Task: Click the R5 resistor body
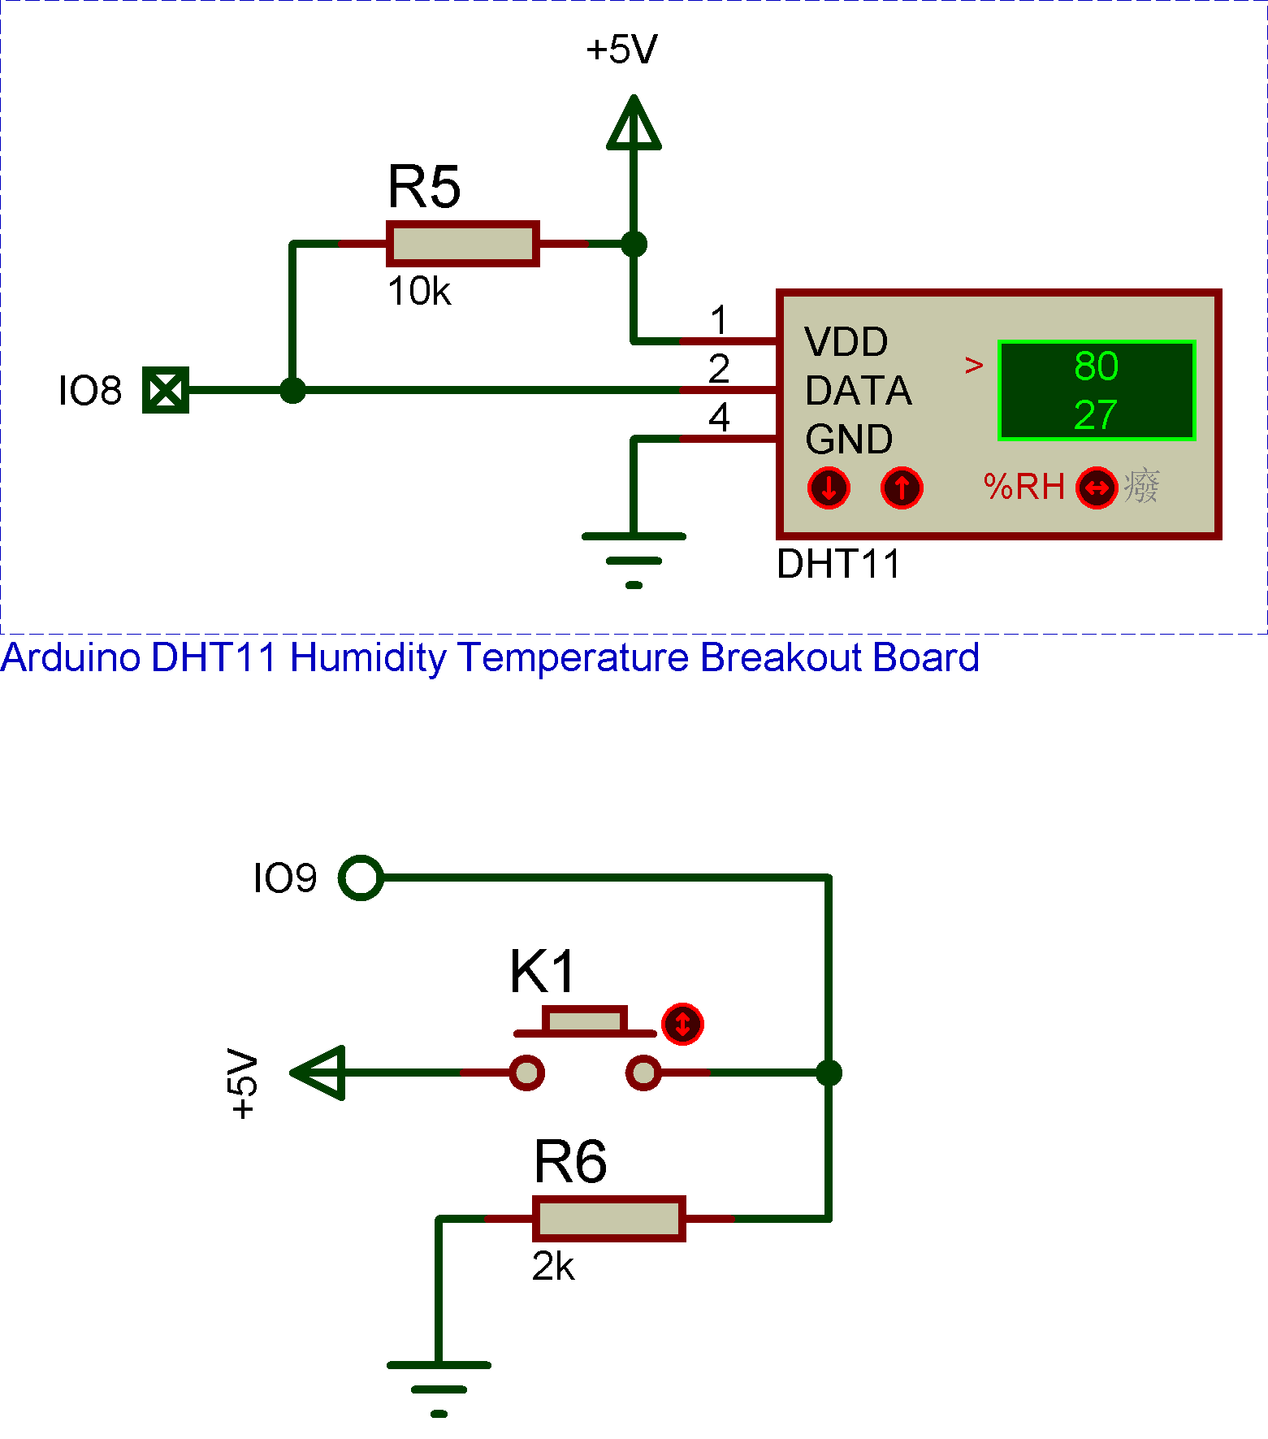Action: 462,244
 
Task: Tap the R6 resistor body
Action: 608,1219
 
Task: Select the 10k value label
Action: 418,292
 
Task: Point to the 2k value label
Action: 553,1267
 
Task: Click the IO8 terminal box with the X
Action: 166,390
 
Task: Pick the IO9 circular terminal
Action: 361,878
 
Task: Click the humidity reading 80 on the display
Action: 1096,366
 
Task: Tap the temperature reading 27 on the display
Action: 1096,415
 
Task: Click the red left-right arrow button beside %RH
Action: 1097,488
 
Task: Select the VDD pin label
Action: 846,342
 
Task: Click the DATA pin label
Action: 858,391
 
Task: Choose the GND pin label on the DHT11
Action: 849,440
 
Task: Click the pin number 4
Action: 719,418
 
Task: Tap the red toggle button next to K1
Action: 682,1024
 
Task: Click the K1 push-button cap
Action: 584,1020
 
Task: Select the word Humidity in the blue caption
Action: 367,657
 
